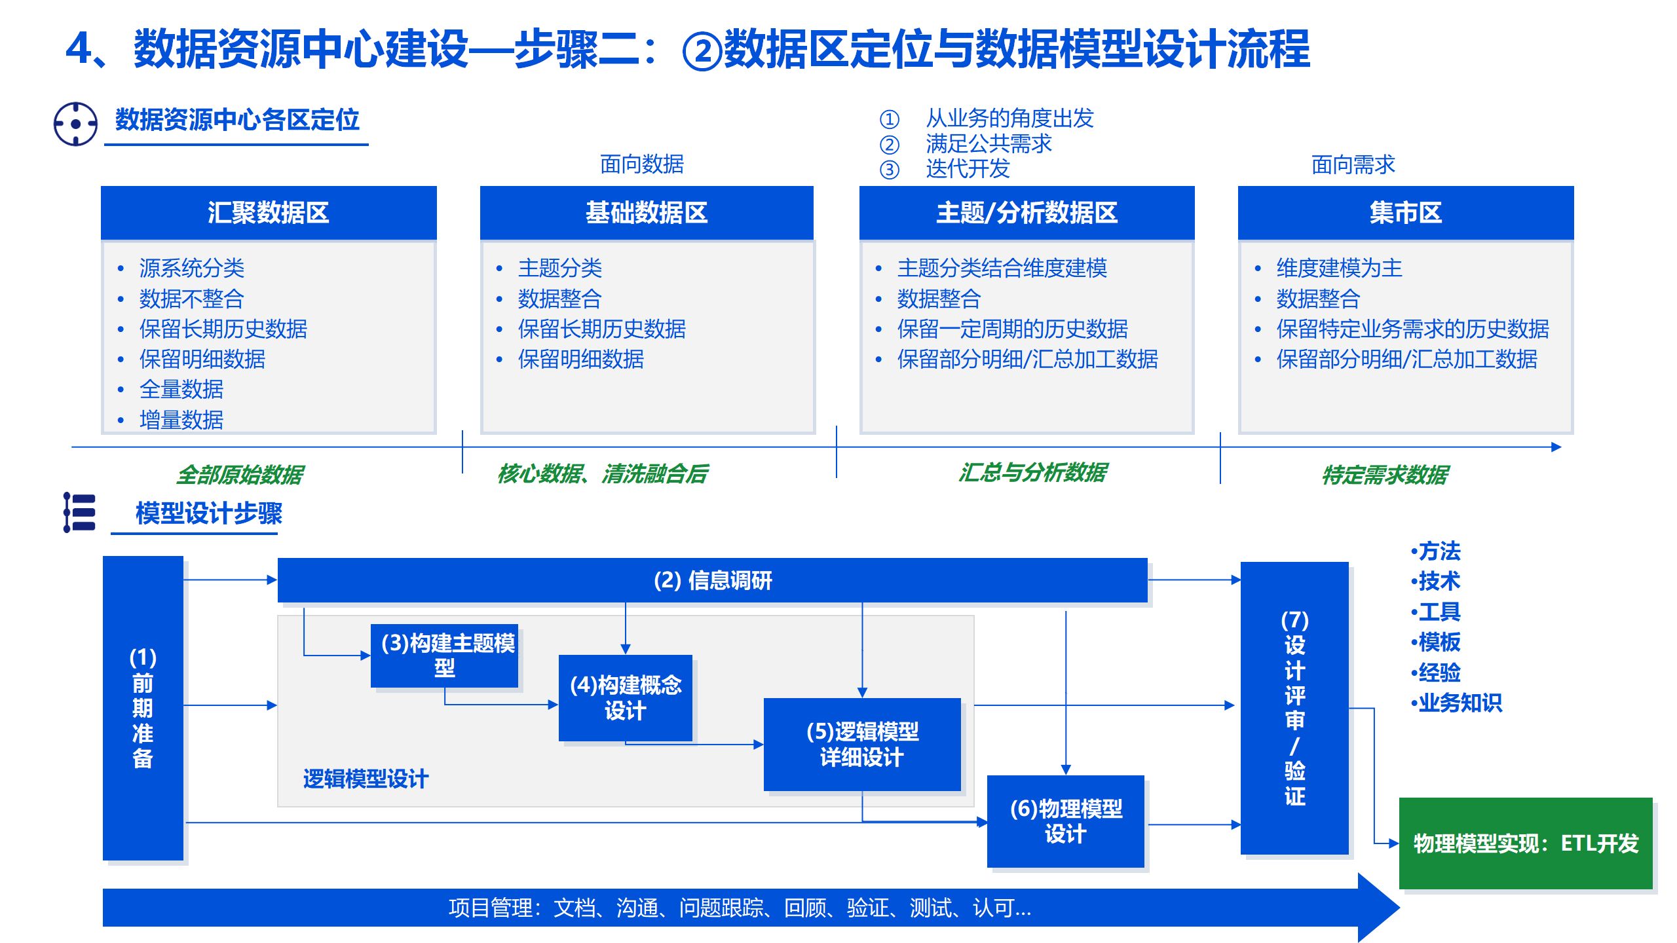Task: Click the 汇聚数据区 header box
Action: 268,213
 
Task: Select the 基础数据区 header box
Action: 647,213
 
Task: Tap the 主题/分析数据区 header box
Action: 1027,213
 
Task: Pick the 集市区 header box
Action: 1405,213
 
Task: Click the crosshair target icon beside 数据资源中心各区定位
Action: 75,124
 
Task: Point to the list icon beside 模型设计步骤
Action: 79,512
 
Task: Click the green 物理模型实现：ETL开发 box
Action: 1526,843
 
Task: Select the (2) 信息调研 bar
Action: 712,580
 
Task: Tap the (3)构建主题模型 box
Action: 444,656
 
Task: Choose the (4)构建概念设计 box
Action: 625,698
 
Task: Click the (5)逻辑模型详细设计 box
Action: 862,745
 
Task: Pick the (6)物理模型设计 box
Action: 1066,821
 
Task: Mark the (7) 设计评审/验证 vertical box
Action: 1294,708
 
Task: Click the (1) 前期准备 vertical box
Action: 143,708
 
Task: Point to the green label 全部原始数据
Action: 240,474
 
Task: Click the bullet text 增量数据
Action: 181,420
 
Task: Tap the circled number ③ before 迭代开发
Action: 889,170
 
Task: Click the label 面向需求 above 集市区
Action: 1353,164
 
